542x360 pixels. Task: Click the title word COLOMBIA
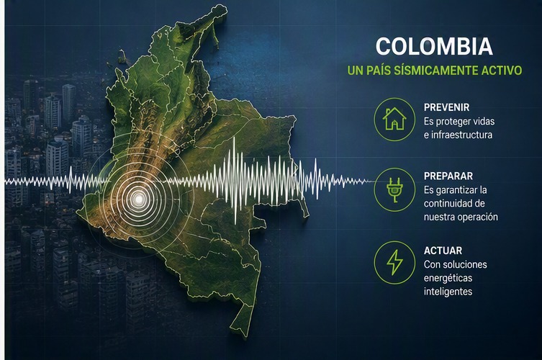coord(434,46)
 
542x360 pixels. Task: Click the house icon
coord(394,119)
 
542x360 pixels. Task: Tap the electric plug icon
coord(394,189)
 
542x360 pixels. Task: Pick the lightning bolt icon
coord(394,263)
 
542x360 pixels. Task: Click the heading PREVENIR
coord(446,107)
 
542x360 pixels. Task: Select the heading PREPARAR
coord(448,176)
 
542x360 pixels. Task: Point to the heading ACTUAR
coord(443,251)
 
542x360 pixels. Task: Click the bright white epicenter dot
coord(139,199)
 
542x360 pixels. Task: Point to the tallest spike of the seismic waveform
coord(235,180)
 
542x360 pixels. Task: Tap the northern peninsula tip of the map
coord(221,7)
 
